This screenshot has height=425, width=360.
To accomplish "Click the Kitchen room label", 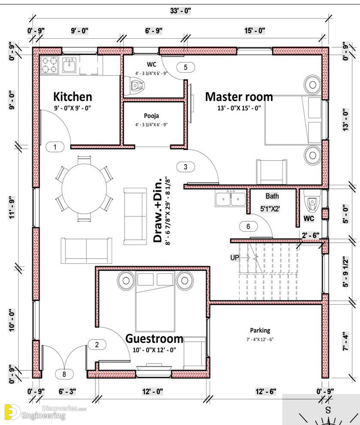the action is coord(73,97).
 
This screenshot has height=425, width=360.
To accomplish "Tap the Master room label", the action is coord(239,97).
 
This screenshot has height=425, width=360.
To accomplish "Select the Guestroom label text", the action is coord(154,339).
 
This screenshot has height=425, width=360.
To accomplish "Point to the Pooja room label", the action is coord(151,116).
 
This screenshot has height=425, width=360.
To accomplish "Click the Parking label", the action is coord(260,330).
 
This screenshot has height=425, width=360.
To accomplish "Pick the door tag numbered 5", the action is coord(186,67).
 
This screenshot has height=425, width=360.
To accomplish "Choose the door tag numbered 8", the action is coord(64,374).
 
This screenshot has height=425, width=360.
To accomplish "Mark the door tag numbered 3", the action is coord(186,167).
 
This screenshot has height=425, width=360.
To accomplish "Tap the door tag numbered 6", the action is coord(248,226).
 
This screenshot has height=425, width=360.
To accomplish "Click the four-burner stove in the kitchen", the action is coord(49,66).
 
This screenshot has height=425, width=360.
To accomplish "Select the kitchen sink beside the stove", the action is coord(69,65).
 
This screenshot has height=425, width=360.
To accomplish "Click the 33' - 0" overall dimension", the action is coord(180,11).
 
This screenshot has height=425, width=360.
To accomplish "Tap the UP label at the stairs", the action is coord(235,257).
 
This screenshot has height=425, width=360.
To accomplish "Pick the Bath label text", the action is coord(272,196).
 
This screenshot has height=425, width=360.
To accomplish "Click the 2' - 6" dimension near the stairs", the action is coord(311,235).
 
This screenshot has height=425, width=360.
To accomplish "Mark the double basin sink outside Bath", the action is coord(231,199).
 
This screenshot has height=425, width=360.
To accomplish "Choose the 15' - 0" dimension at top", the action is coord(255,31).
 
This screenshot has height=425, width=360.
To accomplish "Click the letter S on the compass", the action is coord(328,410).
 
